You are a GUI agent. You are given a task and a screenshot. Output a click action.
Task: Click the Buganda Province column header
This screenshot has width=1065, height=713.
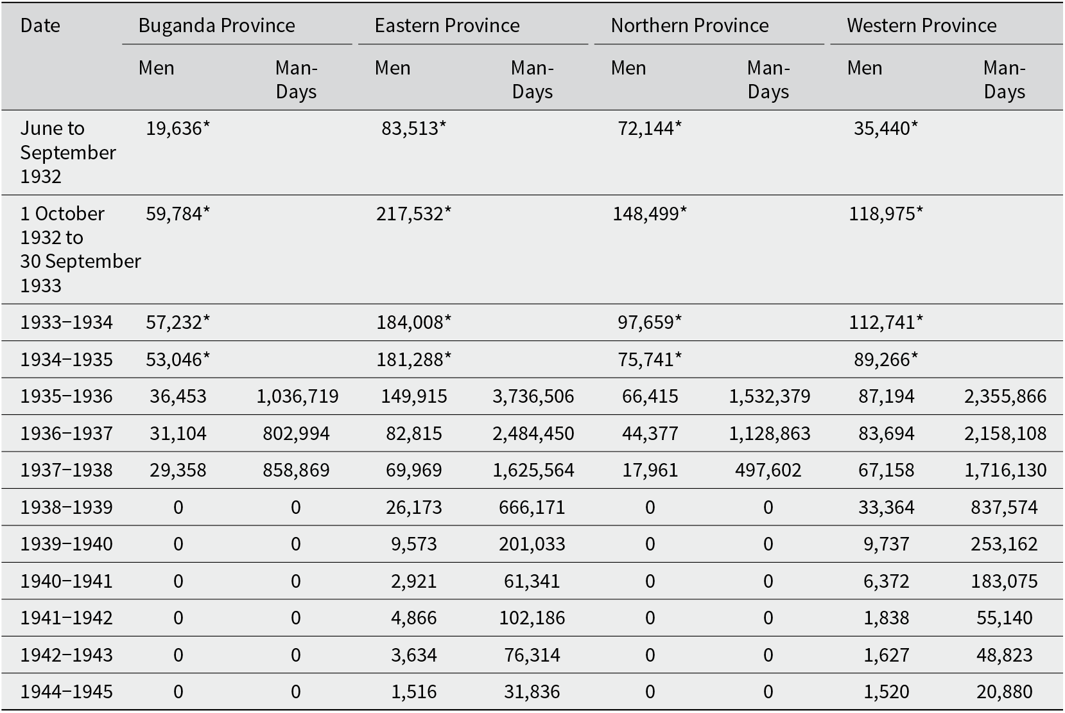[x=216, y=26]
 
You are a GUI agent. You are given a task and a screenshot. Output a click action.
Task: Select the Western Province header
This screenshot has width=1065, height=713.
[x=921, y=26]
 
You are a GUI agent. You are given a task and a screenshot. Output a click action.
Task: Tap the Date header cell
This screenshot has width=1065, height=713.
[x=40, y=26]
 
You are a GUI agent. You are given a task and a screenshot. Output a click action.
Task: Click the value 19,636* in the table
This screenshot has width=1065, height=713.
[x=178, y=128]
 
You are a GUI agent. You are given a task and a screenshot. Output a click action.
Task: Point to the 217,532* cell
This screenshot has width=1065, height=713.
[x=413, y=213]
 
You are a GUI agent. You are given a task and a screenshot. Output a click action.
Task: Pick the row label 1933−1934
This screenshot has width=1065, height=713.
[x=67, y=322]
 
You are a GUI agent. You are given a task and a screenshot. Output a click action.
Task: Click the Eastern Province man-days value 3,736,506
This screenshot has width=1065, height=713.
[x=533, y=396]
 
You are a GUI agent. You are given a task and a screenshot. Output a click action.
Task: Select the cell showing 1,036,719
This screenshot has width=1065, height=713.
[x=297, y=396]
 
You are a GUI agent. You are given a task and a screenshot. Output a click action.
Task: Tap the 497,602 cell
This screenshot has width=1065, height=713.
[x=768, y=470]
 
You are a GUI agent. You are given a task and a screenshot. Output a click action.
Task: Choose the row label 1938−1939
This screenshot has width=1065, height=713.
[x=67, y=507]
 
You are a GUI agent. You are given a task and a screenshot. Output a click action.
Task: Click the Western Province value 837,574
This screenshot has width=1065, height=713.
[x=1004, y=507]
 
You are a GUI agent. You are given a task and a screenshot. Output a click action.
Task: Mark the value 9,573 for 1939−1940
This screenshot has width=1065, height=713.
[x=413, y=543]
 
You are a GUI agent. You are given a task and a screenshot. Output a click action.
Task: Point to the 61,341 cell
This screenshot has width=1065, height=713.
[x=532, y=581]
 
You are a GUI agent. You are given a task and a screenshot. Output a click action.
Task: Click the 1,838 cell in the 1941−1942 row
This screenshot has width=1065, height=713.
[x=887, y=617]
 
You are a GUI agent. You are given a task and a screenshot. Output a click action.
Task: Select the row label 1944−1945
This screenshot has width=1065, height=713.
[x=67, y=691]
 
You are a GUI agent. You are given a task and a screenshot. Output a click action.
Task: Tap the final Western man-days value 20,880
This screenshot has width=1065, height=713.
[x=1005, y=691]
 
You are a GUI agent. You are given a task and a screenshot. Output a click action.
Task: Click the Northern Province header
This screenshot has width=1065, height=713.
[x=689, y=26]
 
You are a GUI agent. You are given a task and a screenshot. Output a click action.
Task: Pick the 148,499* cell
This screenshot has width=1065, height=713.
[x=650, y=213]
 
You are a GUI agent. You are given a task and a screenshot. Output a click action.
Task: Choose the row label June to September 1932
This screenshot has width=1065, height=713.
[x=68, y=152]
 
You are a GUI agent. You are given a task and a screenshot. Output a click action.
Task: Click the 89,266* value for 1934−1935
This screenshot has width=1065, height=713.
[x=886, y=360]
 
